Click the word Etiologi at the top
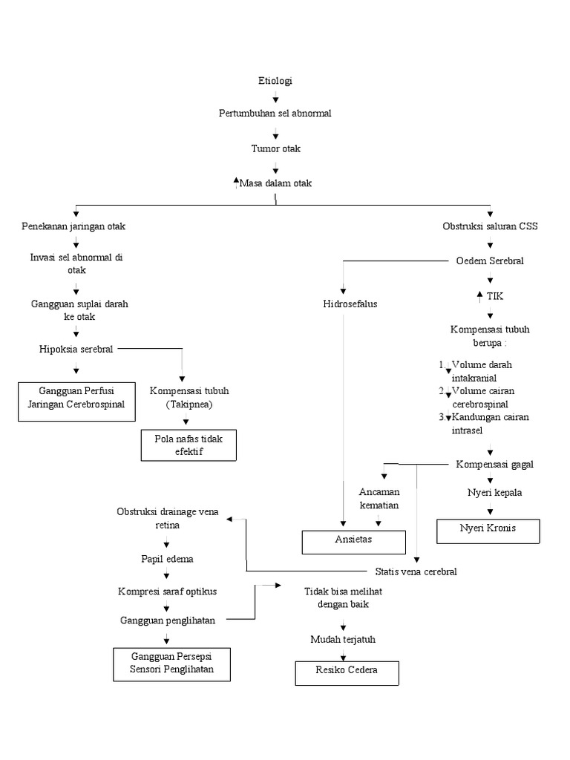(275, 81)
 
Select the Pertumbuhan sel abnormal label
(275, 114)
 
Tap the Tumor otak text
(275, 148)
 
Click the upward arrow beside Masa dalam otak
(236, 182)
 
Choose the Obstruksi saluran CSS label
(490, 226)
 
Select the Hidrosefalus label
(350, 304)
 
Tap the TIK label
(495, 296)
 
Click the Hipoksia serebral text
(76, 349)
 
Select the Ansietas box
(353, 540)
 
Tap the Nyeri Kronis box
(488, 528)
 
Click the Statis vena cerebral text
(415, 571)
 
